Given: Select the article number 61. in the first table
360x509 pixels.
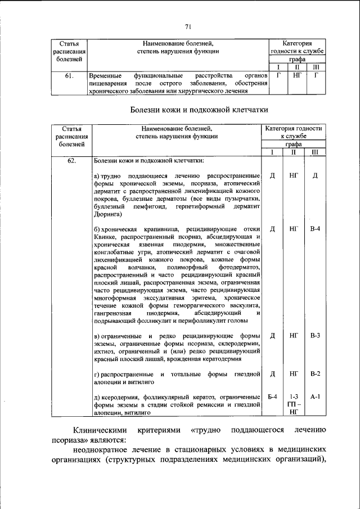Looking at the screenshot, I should click(x=67, y=74).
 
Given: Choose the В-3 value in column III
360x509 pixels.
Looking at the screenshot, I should click(x=315, y=336).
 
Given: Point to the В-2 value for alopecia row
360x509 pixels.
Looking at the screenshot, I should click(x=315, y=373).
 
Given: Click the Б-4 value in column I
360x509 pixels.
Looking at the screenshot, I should click(x=272, y=397).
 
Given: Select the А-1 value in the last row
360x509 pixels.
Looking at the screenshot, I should click(x=315, y=397).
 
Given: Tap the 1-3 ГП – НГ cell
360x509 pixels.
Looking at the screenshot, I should click(x=294, y=404).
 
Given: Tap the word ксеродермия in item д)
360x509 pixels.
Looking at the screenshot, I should click(x=120, y=398).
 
